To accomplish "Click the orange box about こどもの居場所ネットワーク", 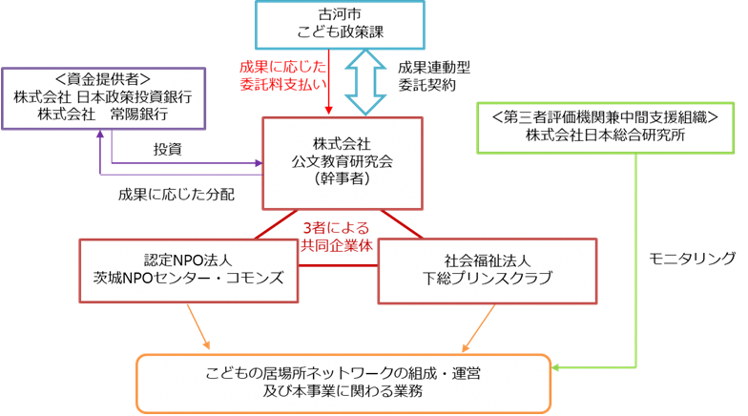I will [343, 383].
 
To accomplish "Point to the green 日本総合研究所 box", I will [605, 125].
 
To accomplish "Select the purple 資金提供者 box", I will [104, 97].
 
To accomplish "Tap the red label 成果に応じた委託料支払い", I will [284, 76].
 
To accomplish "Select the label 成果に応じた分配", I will [177, 194].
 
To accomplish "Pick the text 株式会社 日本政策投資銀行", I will [104, 97].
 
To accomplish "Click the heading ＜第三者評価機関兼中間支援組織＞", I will [605, 115].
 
